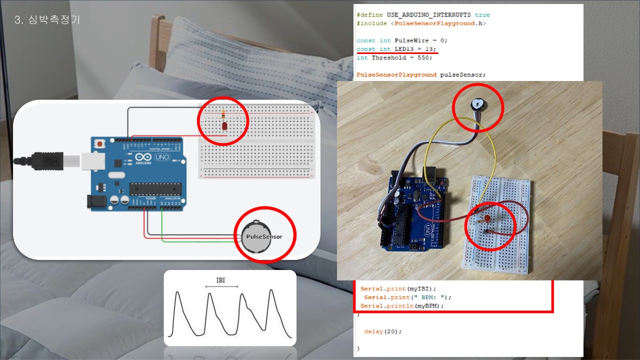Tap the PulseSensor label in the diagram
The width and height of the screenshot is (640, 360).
pos(264,236)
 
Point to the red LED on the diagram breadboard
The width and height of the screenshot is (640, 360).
pos(224,126)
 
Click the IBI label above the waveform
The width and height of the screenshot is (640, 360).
pos(220,280)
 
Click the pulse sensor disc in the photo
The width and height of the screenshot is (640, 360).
pos(477,104)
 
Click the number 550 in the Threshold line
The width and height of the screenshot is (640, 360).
pos(424,57)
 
